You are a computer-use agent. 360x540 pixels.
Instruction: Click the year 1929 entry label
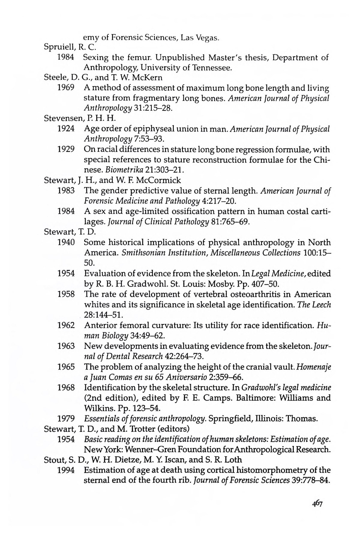66,149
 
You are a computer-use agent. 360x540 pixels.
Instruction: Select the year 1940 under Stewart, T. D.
66,242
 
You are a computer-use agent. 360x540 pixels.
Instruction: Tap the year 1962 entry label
66,325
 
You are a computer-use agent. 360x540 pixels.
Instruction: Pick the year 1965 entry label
66,367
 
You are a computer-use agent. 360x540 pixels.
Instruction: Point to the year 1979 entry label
66,418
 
